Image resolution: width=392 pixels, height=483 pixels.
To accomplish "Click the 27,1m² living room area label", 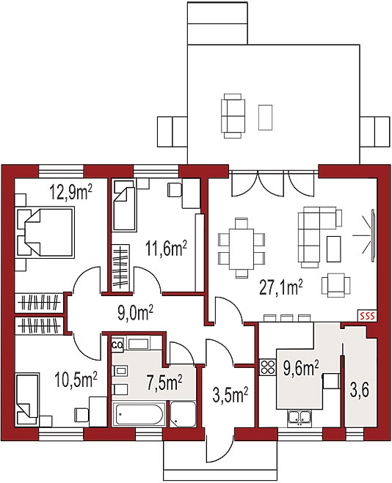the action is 280,288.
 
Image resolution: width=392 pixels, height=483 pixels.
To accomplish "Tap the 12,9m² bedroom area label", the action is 71,193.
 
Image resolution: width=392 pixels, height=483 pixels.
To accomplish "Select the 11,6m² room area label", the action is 167,248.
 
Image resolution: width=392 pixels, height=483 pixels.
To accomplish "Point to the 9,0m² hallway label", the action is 136,314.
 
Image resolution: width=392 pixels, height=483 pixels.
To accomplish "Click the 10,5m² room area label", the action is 76,380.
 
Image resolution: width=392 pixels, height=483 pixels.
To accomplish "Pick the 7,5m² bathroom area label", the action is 164,383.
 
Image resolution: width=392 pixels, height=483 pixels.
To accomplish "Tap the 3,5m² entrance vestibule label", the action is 231,395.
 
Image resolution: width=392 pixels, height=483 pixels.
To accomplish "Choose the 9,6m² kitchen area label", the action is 301,369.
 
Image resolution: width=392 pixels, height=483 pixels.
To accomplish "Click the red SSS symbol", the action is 367,316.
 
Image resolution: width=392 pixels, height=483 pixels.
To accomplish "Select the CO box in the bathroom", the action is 117,344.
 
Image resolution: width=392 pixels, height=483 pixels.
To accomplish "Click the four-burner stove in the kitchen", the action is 267,367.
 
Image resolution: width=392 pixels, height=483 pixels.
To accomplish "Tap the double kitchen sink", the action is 300,418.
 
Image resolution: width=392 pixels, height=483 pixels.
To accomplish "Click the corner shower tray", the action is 183,414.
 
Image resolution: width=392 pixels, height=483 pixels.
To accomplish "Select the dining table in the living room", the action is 242,248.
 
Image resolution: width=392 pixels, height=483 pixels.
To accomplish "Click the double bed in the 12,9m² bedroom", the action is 46,232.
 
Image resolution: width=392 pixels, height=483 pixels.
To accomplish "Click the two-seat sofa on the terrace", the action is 233,116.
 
